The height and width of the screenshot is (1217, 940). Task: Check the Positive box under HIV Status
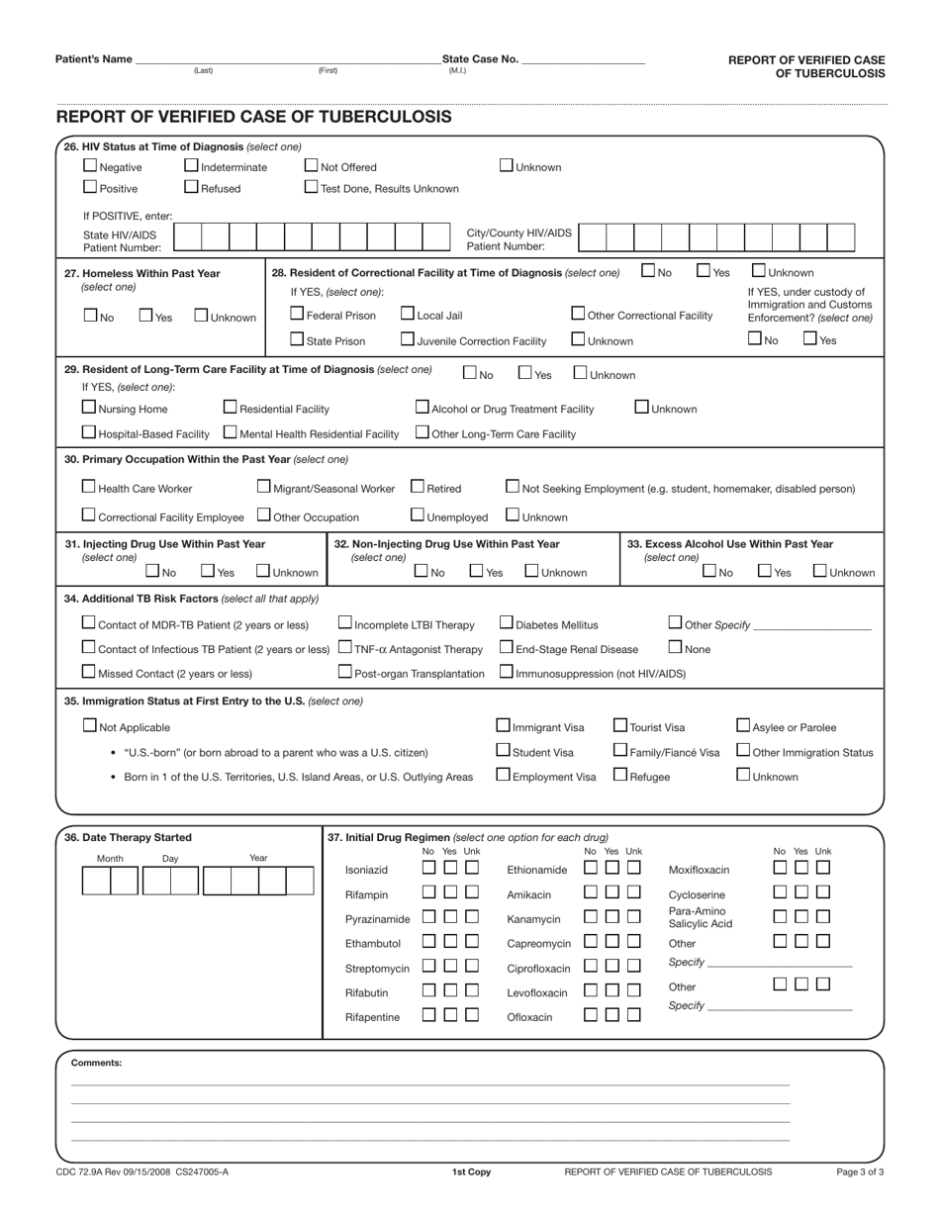[x=90, y=186]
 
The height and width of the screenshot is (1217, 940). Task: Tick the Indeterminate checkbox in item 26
[x=192, y=165]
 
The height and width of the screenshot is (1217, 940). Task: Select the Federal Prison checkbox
[x=297, y=314]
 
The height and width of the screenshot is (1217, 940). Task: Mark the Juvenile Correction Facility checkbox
[x=408, y=339]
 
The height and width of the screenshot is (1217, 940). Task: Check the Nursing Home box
[x=89, y=407]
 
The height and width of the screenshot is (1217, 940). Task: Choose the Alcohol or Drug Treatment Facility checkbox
[x=423, y=407]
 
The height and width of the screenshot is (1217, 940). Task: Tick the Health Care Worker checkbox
[x=89, y=486]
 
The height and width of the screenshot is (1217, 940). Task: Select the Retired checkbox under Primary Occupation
[x=418, y=486]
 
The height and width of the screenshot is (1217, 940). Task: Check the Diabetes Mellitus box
[x=507, y=622]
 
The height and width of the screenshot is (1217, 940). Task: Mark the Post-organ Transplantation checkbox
[x=345, y=672]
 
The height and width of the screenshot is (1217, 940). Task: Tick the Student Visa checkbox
[x=503, y=750]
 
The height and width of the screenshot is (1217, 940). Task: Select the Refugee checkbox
[x=620, y=775]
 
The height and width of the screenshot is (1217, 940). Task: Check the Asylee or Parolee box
[x=743, y=725]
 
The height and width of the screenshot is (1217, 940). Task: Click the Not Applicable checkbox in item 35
[x=89, y=725]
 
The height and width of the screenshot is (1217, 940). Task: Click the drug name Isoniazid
[x=366, y=870]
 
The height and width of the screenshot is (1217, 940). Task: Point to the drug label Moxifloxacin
[x=699, y=870]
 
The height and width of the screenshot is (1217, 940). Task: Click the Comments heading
[x=96, y=1063]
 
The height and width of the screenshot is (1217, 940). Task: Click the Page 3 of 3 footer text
[x=860, y=1171]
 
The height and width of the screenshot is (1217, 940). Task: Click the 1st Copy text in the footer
[x=471, y=1171]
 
